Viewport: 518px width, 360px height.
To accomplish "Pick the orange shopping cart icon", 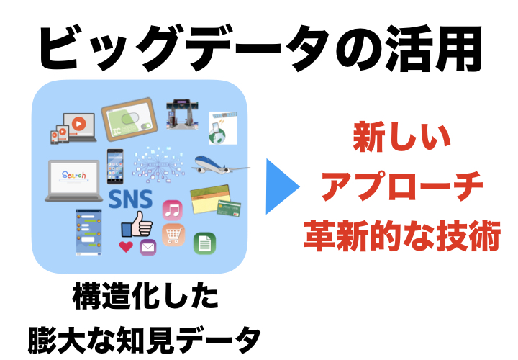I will pos(173,234).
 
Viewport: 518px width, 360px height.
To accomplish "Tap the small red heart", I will pos(126,247).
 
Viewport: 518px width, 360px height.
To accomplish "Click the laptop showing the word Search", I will pos(73,179).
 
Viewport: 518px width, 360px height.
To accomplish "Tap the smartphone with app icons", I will pos(116,168).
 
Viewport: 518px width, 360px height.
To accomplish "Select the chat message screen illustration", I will pos(89,232).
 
